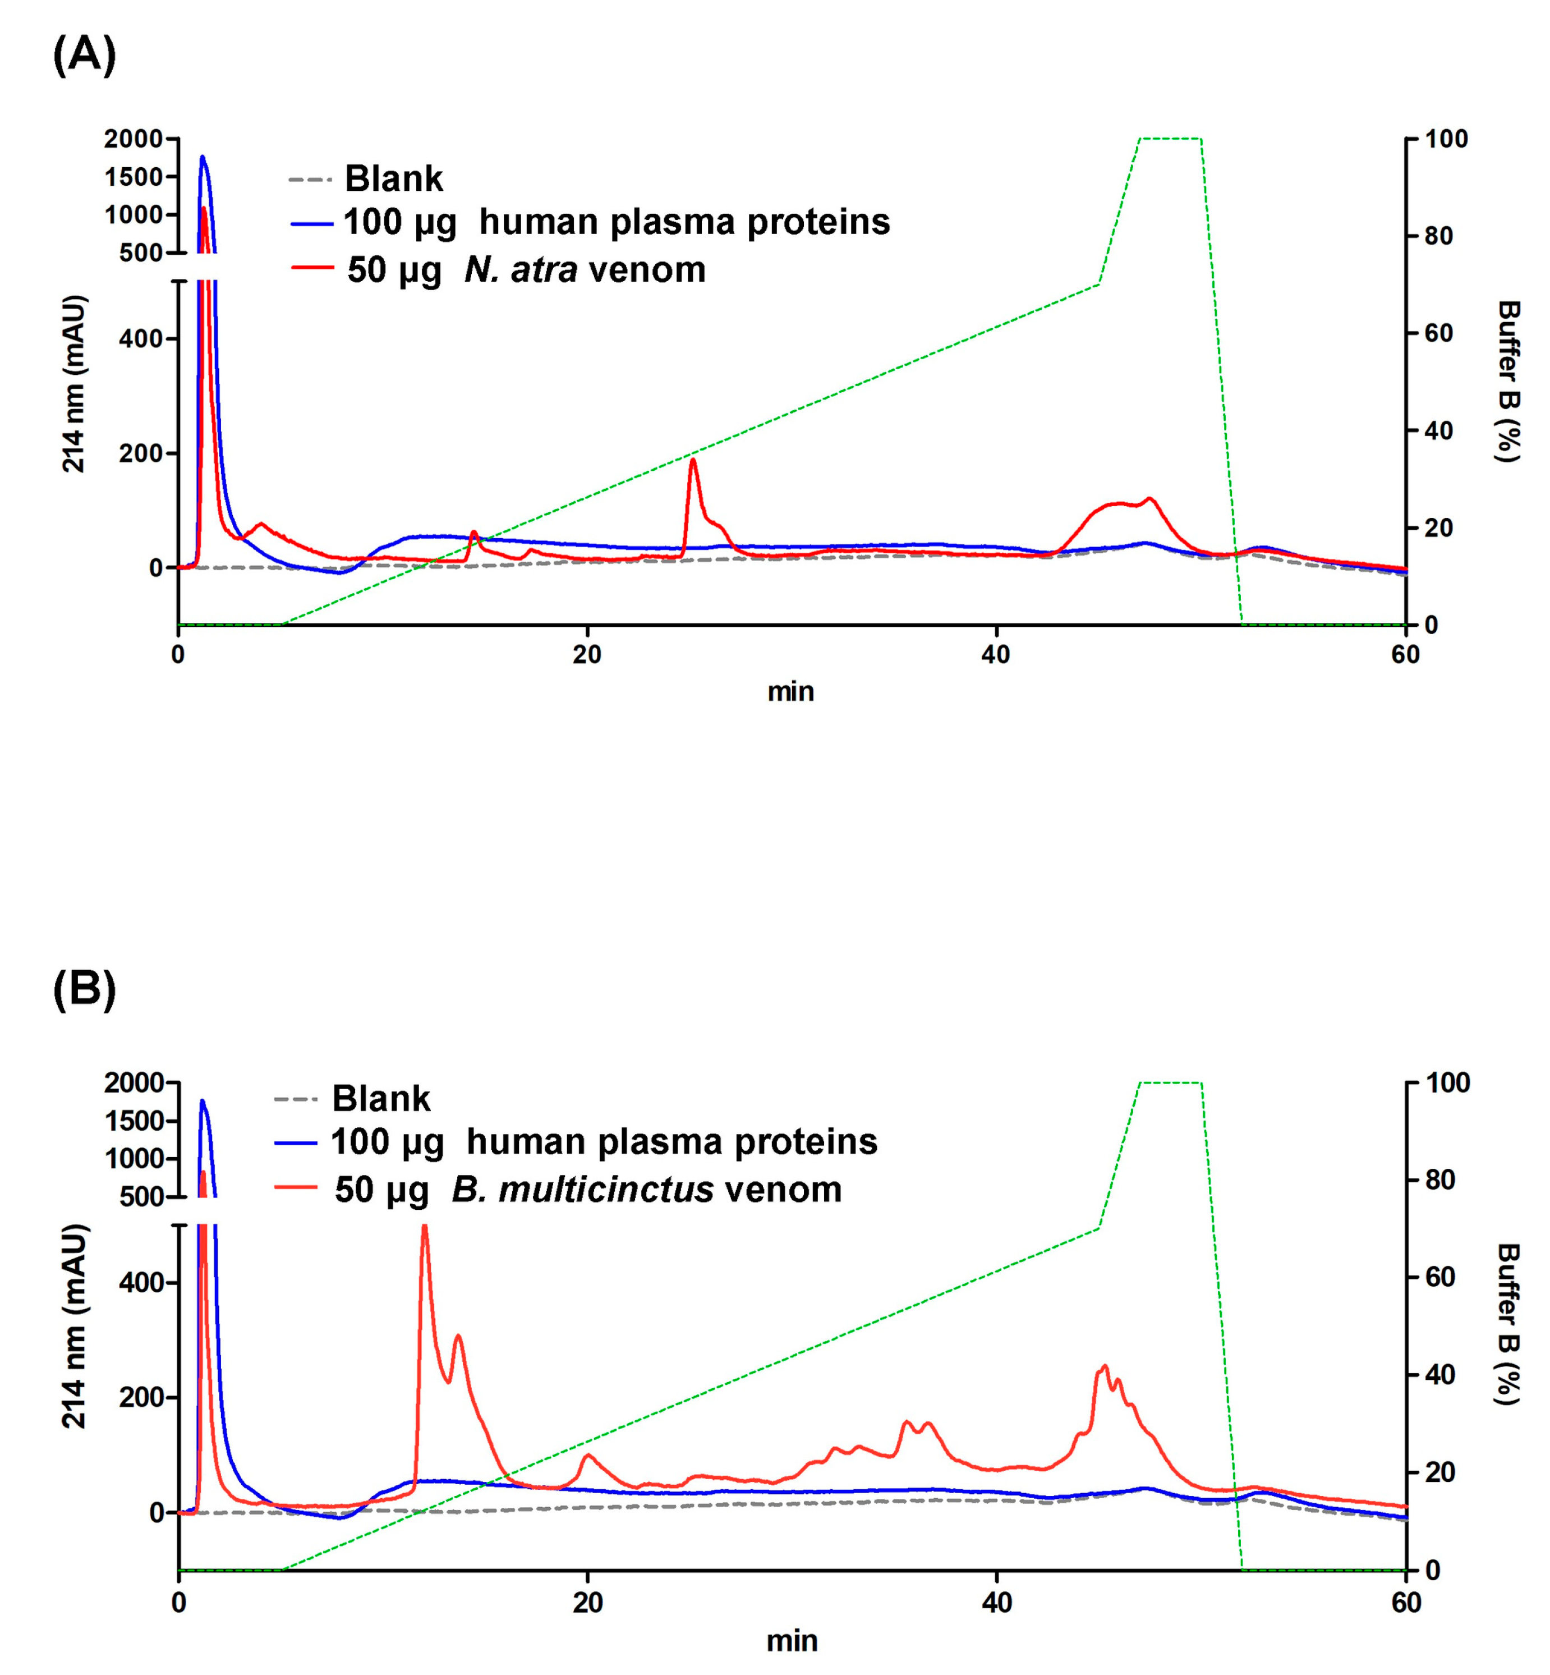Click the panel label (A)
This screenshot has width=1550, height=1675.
(84, 56)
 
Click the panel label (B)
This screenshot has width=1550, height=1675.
(84, 990)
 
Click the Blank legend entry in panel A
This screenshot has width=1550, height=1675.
(393, 178)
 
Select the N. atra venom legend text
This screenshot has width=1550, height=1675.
(584, 270)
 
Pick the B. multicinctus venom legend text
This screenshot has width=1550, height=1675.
(646, 1190)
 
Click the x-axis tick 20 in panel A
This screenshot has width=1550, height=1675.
(587, 654)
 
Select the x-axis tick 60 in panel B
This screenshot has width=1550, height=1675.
(1406, 1603)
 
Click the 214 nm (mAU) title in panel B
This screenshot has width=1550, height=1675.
(74, 1326)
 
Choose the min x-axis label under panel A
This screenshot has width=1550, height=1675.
(790, 692)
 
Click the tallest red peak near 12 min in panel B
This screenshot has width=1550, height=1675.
(425, 1227)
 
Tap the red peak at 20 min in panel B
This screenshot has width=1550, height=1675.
(588, 1455)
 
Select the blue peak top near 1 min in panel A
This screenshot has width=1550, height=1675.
(202, 157)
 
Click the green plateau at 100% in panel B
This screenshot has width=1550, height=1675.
(1170, 1083)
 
